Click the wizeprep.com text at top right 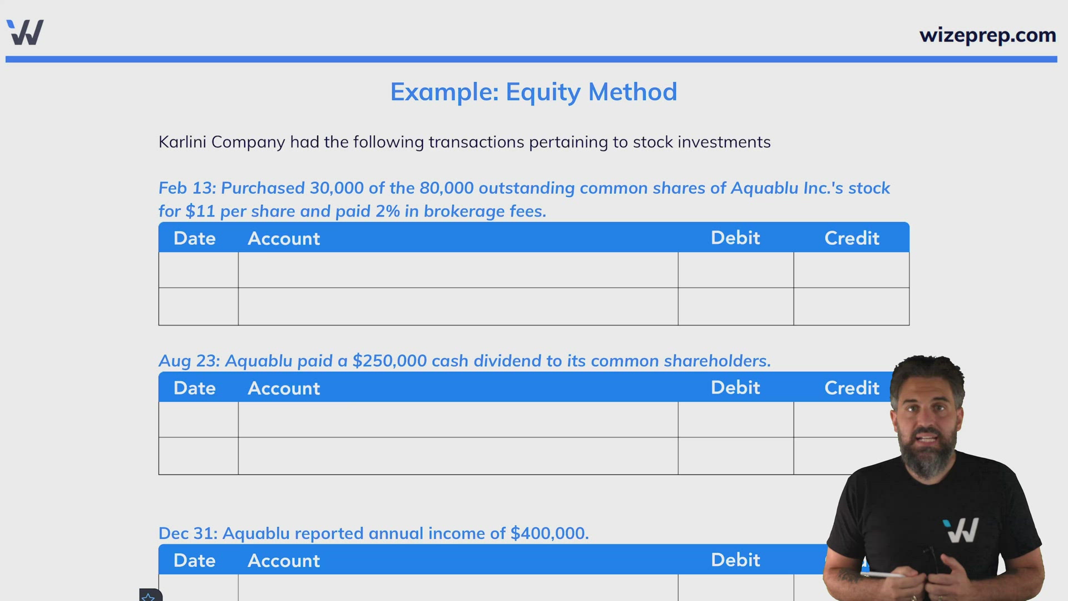[x=987, y=35]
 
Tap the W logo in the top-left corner [x=25, y=32]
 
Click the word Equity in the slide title [x=542, y=92]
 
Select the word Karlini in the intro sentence [x=182, y=142]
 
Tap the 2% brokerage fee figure [x=388, y=211]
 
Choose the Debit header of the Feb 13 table [x=735, y=238]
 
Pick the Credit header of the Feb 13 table [x=852, y=238]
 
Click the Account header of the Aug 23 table [x=284, y=388]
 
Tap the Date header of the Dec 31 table [x=194, y=560]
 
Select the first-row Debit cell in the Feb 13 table [x=735, y=270]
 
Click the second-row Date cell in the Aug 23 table [x=198, y=456]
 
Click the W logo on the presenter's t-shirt [x=961, y=530]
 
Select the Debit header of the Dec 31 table [x=735, y=560]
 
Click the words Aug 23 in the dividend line [x=189, y=361]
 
